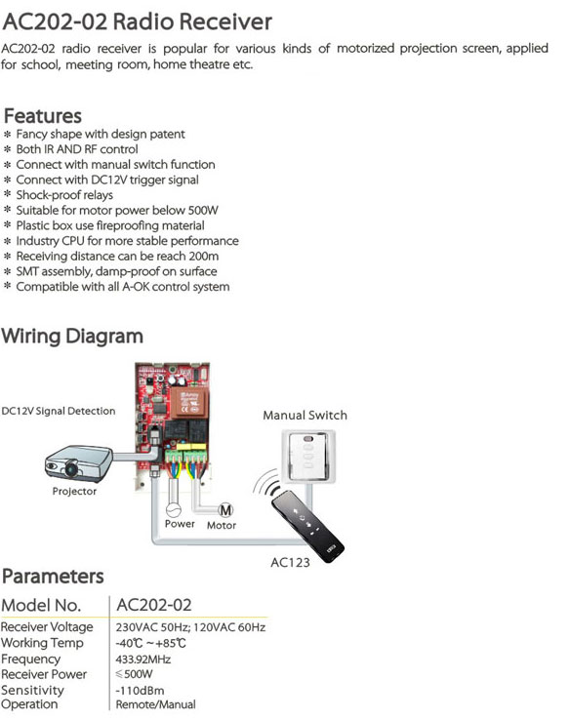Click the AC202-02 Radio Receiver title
pos(138,21)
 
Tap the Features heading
pos(43,116)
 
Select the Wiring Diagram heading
pos(72,337)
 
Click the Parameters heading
pos(53,577)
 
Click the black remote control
pos(307,526)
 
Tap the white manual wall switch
pos(308,456)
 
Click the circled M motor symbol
pos(225,509)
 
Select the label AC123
pos(290,563)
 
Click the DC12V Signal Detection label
pos(59,411)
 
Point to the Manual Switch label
pos(305,415)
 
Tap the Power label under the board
pos(180,524)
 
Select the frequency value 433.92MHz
pos(143,660)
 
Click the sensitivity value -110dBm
pos(140,691)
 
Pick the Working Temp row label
pos(42,643)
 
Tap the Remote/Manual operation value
pos(156,704)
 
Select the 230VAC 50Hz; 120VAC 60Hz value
pos(190,627)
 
